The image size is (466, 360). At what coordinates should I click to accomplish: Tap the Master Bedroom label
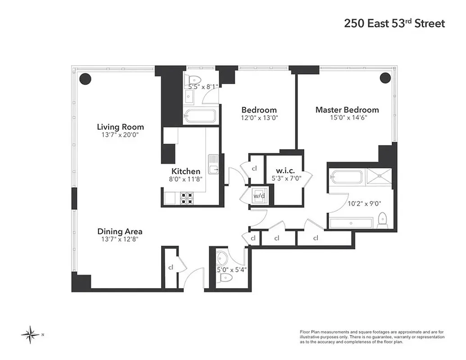[347, 110]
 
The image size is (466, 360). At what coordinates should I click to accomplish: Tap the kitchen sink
[213, 165]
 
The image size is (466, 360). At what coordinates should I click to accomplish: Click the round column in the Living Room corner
[86, 78]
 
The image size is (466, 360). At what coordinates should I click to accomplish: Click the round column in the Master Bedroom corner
[385, 78]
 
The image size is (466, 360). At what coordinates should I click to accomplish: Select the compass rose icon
[30, 334]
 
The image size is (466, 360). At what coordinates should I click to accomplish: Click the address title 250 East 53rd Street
[394, 23]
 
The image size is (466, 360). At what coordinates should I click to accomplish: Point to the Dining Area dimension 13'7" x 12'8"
[120, 240]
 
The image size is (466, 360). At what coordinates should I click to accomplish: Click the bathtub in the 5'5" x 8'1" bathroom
[200, 116]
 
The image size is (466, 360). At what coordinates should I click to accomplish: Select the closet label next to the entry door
[171, 267]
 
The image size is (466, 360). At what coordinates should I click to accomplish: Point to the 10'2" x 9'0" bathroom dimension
[363, 203]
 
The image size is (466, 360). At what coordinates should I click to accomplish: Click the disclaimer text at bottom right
[372, 337]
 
